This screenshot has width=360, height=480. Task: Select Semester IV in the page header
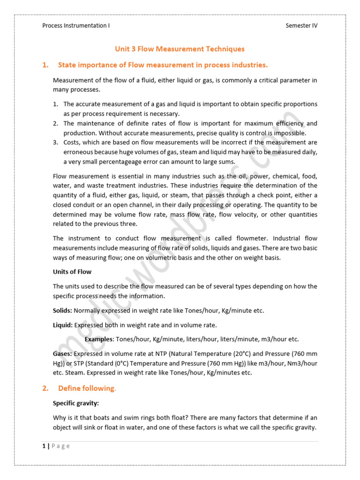[x=301, y=26]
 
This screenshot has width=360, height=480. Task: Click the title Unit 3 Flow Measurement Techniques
[x=180, y=49]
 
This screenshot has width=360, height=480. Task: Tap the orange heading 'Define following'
[x=86, y=388]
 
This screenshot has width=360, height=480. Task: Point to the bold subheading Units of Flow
[x=72, y=272]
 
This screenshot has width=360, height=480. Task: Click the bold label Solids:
[x=62, y=310]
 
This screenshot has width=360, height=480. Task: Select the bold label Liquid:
[x=63, y=325]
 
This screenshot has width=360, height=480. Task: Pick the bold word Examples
[x=99, y=339]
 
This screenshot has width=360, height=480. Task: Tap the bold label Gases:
[x=62, y=353]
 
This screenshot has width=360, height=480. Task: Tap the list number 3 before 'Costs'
[x=55, y=142]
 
